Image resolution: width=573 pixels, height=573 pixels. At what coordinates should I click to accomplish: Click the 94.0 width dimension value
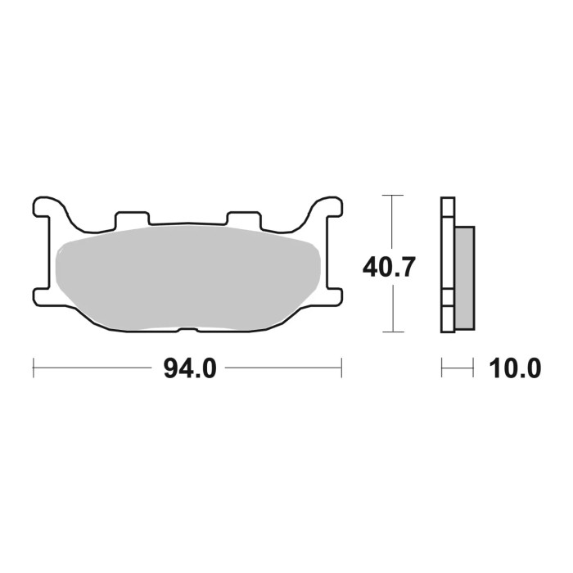189,369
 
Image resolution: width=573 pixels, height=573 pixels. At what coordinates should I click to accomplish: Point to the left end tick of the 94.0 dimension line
34,368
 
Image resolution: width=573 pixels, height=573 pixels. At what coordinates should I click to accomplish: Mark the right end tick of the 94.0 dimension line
341,368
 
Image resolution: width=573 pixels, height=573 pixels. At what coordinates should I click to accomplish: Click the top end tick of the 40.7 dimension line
394,196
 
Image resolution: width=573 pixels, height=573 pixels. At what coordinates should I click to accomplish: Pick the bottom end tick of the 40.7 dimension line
394,332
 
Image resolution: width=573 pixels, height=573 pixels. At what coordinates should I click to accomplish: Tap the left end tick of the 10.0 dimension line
442,368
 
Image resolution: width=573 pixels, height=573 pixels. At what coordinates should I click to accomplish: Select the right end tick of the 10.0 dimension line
473,368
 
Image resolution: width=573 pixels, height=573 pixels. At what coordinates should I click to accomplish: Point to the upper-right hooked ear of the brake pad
327,205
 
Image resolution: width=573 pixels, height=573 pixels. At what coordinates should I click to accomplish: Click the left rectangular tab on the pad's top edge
133,219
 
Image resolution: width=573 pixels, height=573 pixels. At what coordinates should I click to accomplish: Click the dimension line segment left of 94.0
94,368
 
